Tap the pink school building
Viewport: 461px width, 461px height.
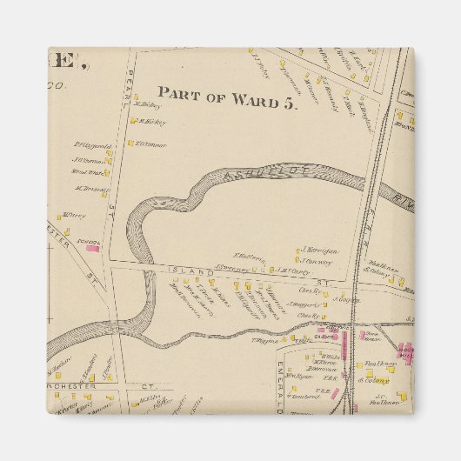92,248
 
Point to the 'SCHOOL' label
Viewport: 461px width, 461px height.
89,241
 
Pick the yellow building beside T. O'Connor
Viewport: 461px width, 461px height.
130,144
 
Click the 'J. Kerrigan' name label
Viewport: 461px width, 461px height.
319,250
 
